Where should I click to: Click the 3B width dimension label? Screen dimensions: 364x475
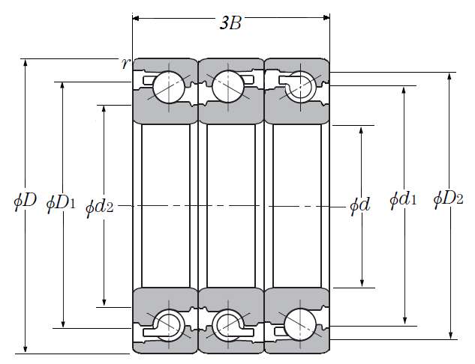(230, 23)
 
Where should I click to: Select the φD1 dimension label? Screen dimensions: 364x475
(61, 202)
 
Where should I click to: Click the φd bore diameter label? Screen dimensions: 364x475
(359, 204)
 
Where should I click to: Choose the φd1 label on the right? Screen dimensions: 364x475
(403, 200)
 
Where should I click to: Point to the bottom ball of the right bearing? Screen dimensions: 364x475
(299, 323)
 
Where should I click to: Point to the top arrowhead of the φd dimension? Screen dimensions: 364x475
(362, 130)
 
